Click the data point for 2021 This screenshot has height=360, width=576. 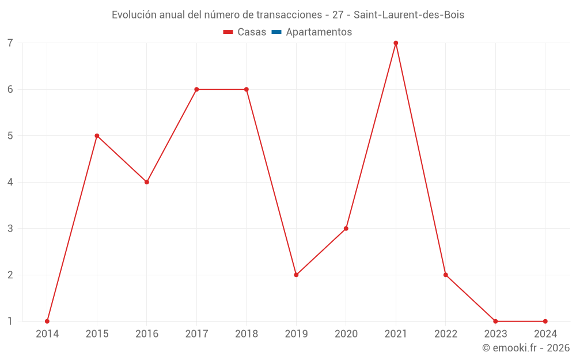[396, 43]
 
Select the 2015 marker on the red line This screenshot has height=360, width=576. [97, 136]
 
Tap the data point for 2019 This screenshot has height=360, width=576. [296, 275]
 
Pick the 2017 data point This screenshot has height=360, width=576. [196, 89]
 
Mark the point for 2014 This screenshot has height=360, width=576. [47, 321]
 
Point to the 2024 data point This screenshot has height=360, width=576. [545, 321]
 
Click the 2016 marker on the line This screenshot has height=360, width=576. [147, 182]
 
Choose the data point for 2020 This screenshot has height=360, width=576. [346, 229]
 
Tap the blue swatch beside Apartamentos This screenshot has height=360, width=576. [276, 32]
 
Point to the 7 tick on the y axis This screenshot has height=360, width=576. [10, 43]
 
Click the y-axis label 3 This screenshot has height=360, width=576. [10, 229]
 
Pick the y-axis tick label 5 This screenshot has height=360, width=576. [10, 136]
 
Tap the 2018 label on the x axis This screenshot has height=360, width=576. [247, 334]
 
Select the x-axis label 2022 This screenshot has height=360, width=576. [446, 334]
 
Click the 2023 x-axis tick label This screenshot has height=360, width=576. [495, 334]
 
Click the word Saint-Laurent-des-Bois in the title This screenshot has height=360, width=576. [409, 15]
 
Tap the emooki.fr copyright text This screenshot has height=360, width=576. [526, 348]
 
